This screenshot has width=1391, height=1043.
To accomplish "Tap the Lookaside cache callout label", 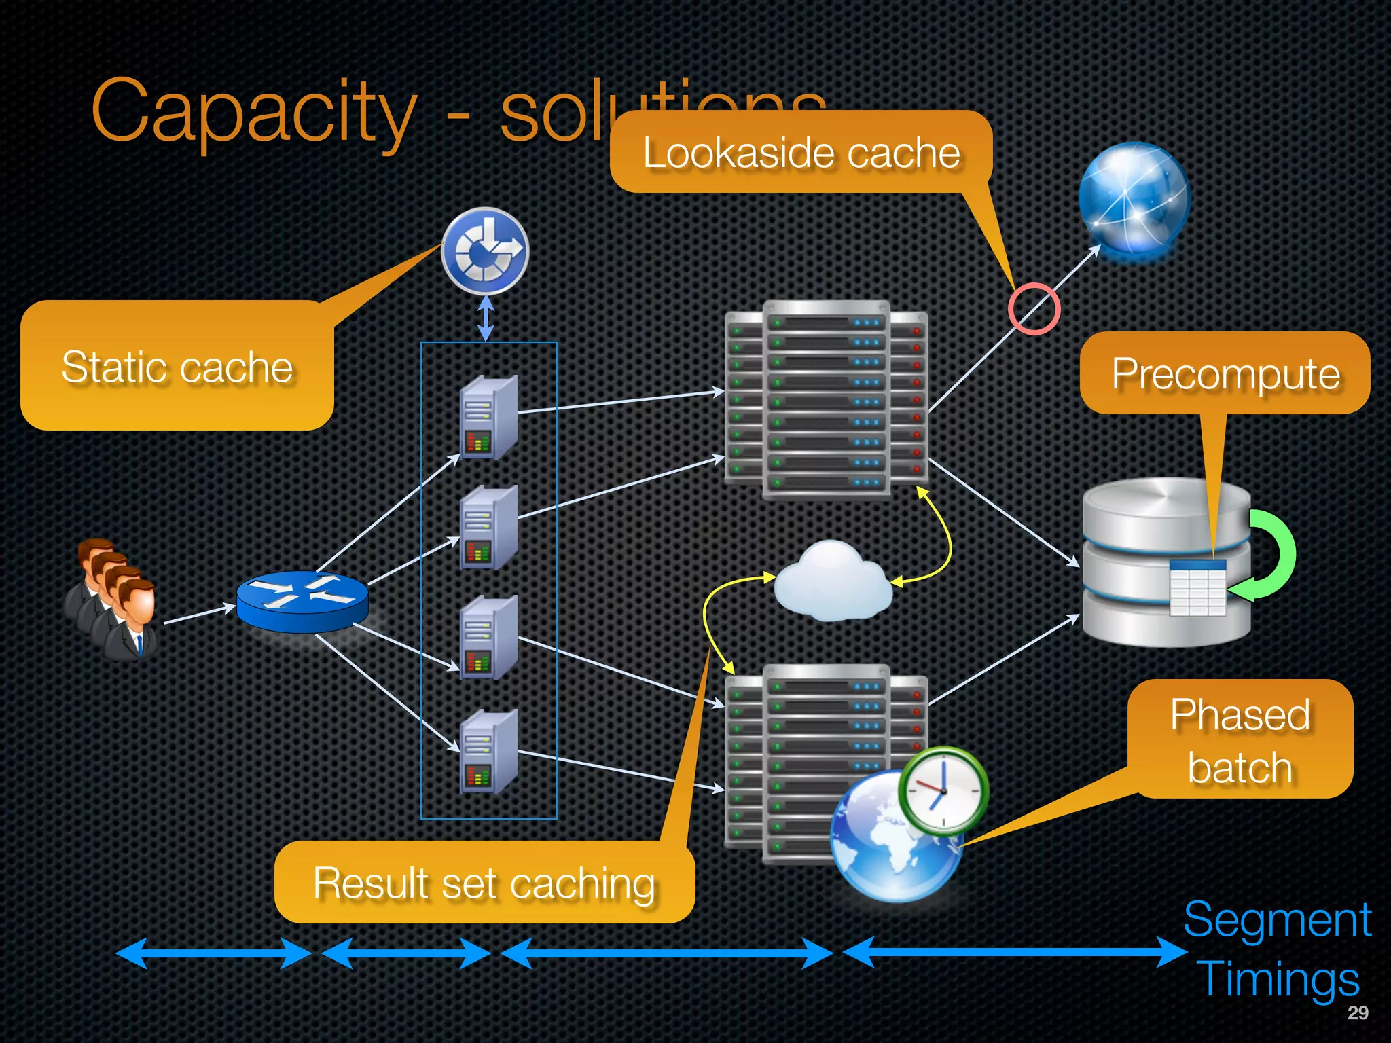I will [801, 152].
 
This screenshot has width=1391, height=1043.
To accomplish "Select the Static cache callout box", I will [177, 367].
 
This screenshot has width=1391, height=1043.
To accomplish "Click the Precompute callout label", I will [1225, 373].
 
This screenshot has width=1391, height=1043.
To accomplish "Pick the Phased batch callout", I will [1240, 740].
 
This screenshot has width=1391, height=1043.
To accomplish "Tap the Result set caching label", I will [484, 883].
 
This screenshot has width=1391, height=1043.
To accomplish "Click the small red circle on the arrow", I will [1034, 309].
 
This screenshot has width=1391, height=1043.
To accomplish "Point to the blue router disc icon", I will [302, 600].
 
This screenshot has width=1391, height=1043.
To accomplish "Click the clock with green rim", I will [943, 791].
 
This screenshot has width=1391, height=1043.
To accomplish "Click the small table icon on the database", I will [1198, 588].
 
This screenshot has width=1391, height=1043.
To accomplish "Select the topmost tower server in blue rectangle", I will [488, 418].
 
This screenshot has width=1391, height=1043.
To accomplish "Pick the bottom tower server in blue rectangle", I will [488, 752].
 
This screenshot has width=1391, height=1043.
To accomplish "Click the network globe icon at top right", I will [1134, 201].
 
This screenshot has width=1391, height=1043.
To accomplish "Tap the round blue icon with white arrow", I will [484, 251].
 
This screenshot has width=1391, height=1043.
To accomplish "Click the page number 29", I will [1357, 1012].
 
